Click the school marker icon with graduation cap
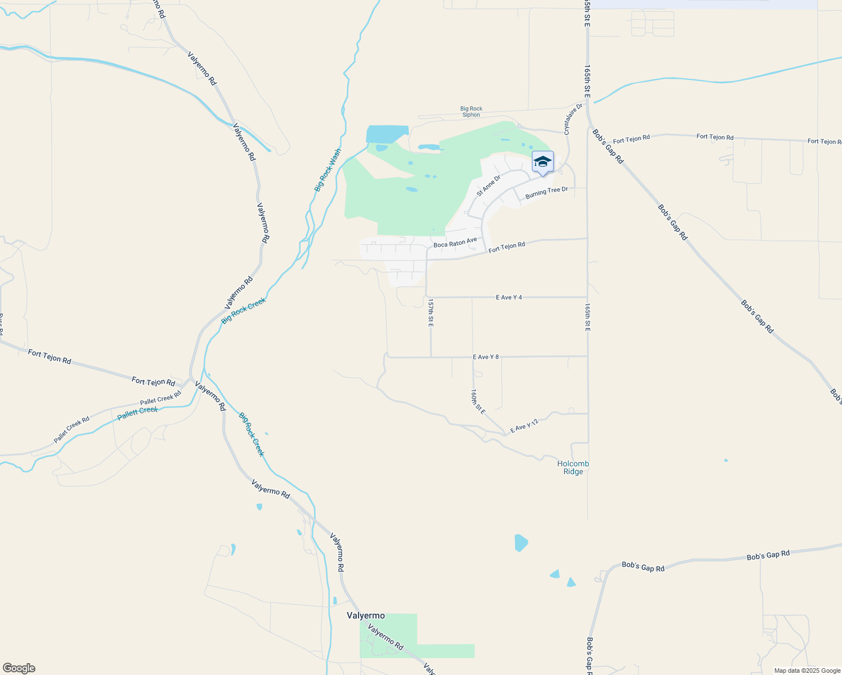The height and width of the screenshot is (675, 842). click(543, 162)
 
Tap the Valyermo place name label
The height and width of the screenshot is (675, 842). click(366, 616)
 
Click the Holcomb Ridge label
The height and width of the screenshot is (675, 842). click(573, 467)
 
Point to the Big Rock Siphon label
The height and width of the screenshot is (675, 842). click(471, 112)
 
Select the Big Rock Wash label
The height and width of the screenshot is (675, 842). click(328, 170)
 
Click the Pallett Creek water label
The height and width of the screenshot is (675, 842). click(138, 413)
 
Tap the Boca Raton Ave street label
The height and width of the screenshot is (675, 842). click(455, 243)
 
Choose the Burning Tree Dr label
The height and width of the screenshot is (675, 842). click(547, 192)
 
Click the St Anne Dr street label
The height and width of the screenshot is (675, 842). click(488, 186)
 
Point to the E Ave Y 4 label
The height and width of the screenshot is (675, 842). click(509, 297)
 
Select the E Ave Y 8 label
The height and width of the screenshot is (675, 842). click(486, 357)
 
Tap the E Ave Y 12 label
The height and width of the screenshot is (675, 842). click(525, 427)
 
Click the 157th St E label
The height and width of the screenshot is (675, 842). click(431, 313)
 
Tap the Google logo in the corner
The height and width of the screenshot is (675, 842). click(19, 668)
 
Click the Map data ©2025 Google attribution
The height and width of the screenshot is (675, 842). click(807, 670)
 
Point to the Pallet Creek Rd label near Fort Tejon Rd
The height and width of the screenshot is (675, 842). click(160, 398)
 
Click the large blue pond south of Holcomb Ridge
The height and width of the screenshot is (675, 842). click(521, 542)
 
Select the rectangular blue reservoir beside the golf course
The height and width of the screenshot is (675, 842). click(386, 134)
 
